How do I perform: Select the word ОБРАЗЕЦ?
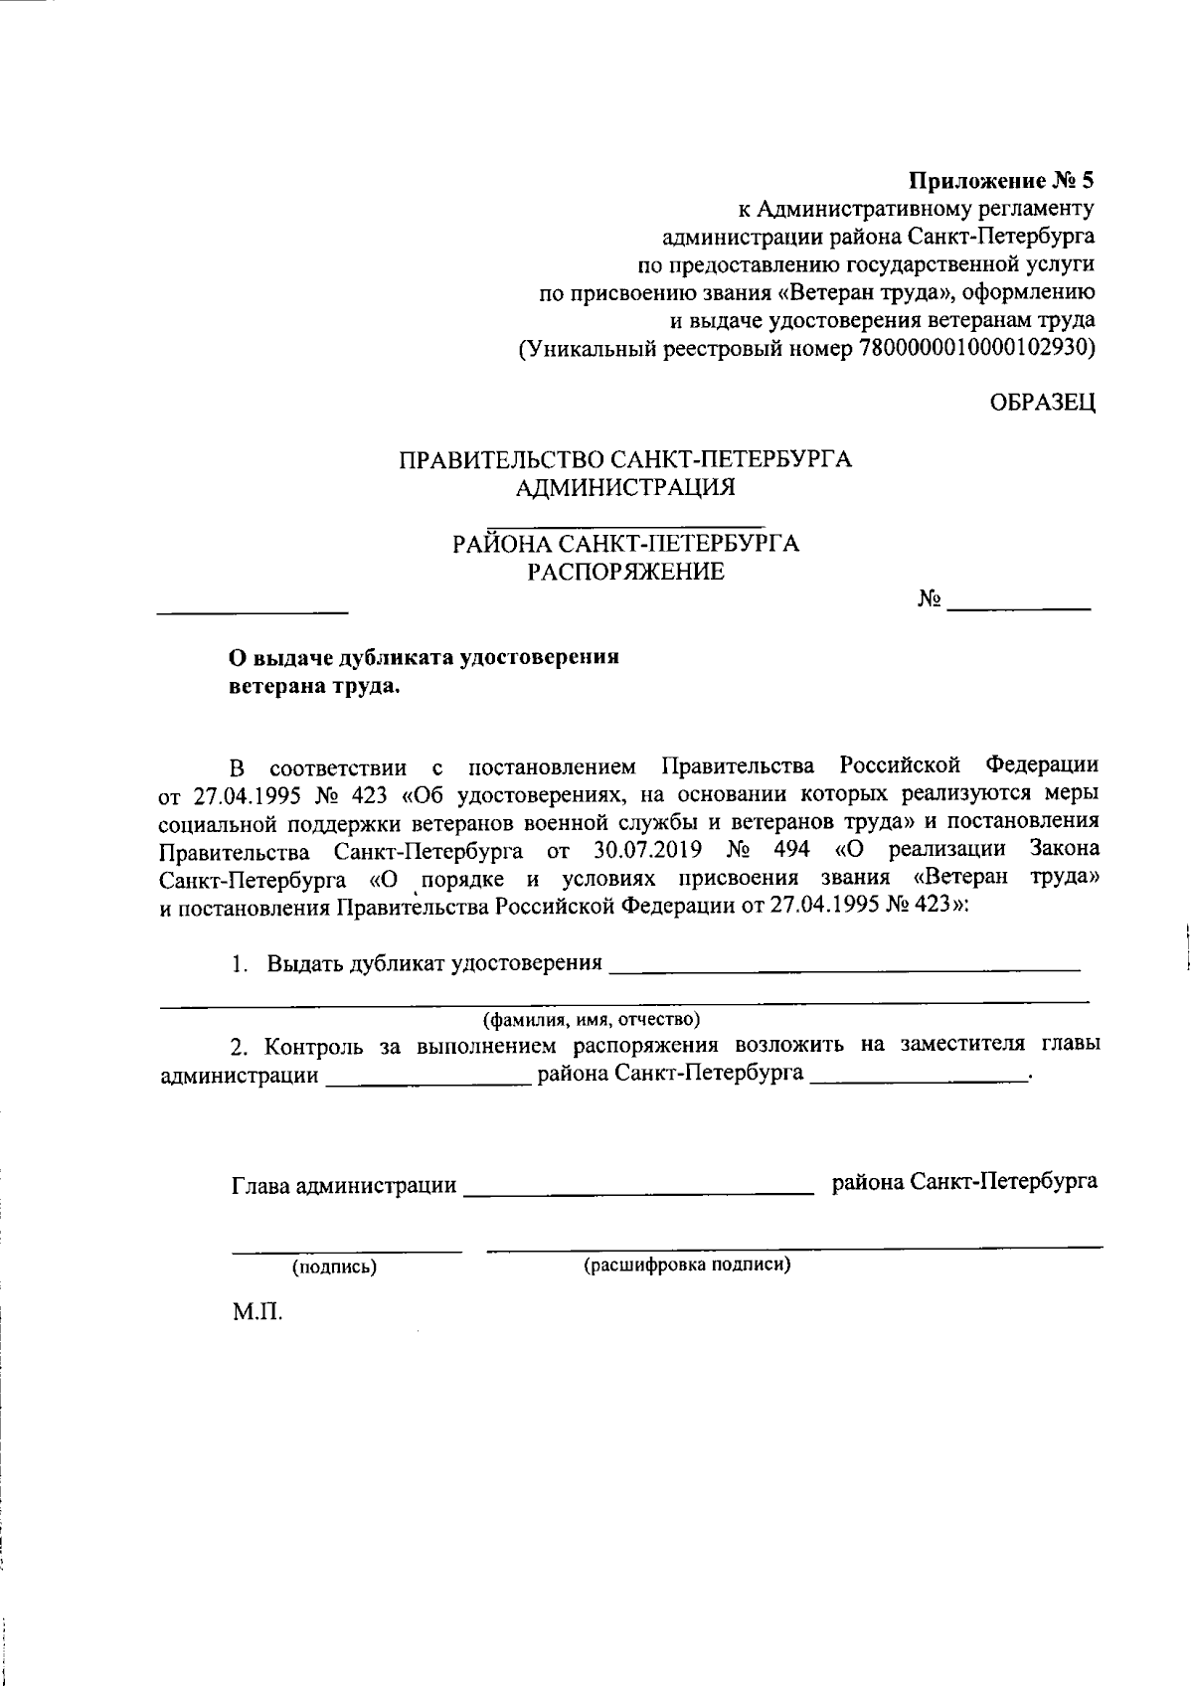point(1042,403)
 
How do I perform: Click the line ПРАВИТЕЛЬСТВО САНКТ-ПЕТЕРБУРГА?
point(625,460)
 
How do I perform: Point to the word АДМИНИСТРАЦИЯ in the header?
point(625,488)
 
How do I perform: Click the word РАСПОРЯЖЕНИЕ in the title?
point(625,572)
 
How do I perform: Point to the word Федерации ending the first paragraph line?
point(1042,766)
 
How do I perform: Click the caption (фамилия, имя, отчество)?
point(592,1020)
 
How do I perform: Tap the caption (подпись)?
point(334,1267)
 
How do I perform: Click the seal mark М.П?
point(257,1313)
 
